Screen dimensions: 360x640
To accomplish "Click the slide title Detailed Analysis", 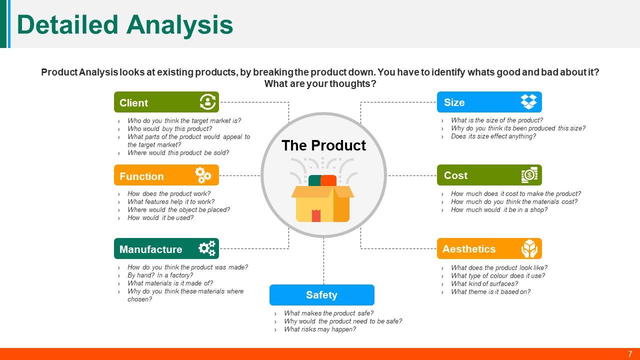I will pyautogui.click(x=125, y=24).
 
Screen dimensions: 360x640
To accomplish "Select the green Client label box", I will pyautogui.click(x=166, y=102).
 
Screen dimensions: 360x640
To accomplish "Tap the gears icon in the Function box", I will pyautogui.click(x=203, y=175).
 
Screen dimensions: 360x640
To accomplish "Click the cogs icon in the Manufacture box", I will pyautogui.click(x=206, y=248).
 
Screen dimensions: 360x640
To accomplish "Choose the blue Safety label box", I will pyautogui.click(x=321, y=295).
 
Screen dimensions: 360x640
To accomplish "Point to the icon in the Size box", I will pyautogui.click(x=528, y=101).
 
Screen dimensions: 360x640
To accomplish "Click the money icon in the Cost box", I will pyautogui.click(x=529, y=175).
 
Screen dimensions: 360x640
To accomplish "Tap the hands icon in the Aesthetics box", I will pyautogui.click(x=529, y=248).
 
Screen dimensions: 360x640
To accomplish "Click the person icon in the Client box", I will pyautogui.click(x=207, y=102).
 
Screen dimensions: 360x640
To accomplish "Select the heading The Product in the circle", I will pyautogui.click(x=323, y=145).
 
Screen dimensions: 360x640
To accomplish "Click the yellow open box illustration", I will pyautogui.click(x=322, y=200).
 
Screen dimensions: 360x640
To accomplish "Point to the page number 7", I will pyautogui.click(x=630, y=354).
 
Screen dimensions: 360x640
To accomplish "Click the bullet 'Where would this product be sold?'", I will pyautogui.click(x=178, y=153).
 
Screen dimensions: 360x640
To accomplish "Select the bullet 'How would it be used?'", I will pyautogui.click(x=160, y=218).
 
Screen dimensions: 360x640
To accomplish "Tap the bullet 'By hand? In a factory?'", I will pyautogui.click(x=160, y=275).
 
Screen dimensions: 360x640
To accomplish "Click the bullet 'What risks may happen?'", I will pyautogui.click(x=319, y=329).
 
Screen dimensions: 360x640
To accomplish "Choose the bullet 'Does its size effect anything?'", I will pyautogui.click(x=493, y=136).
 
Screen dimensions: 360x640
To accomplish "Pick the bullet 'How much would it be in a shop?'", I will pyautogui.click(x=499, y=210).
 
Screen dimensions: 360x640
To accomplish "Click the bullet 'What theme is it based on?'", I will pyautogui.click(x=490, y=292).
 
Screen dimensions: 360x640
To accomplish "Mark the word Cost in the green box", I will pyautogui.click(x=455, y=175).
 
